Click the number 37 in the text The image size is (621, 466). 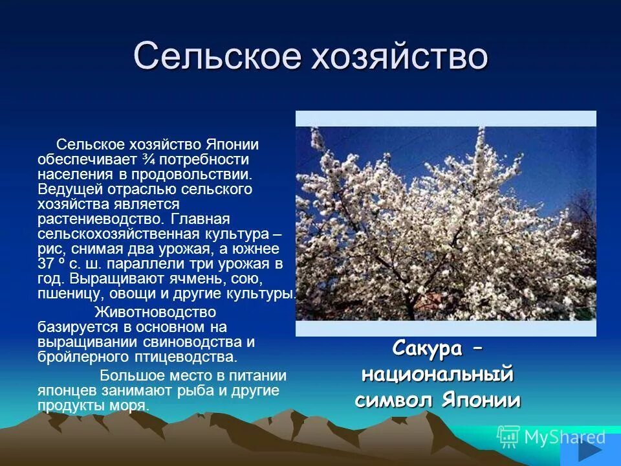tap(45, 264)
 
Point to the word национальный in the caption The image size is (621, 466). tap(437, 374)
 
